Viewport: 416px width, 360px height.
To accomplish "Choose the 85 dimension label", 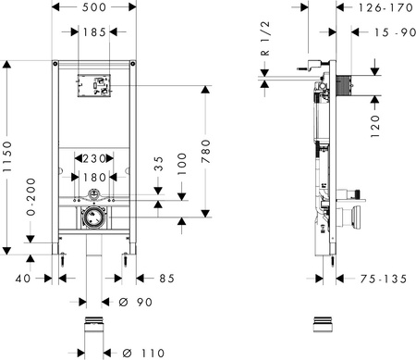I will tap(166, 276).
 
